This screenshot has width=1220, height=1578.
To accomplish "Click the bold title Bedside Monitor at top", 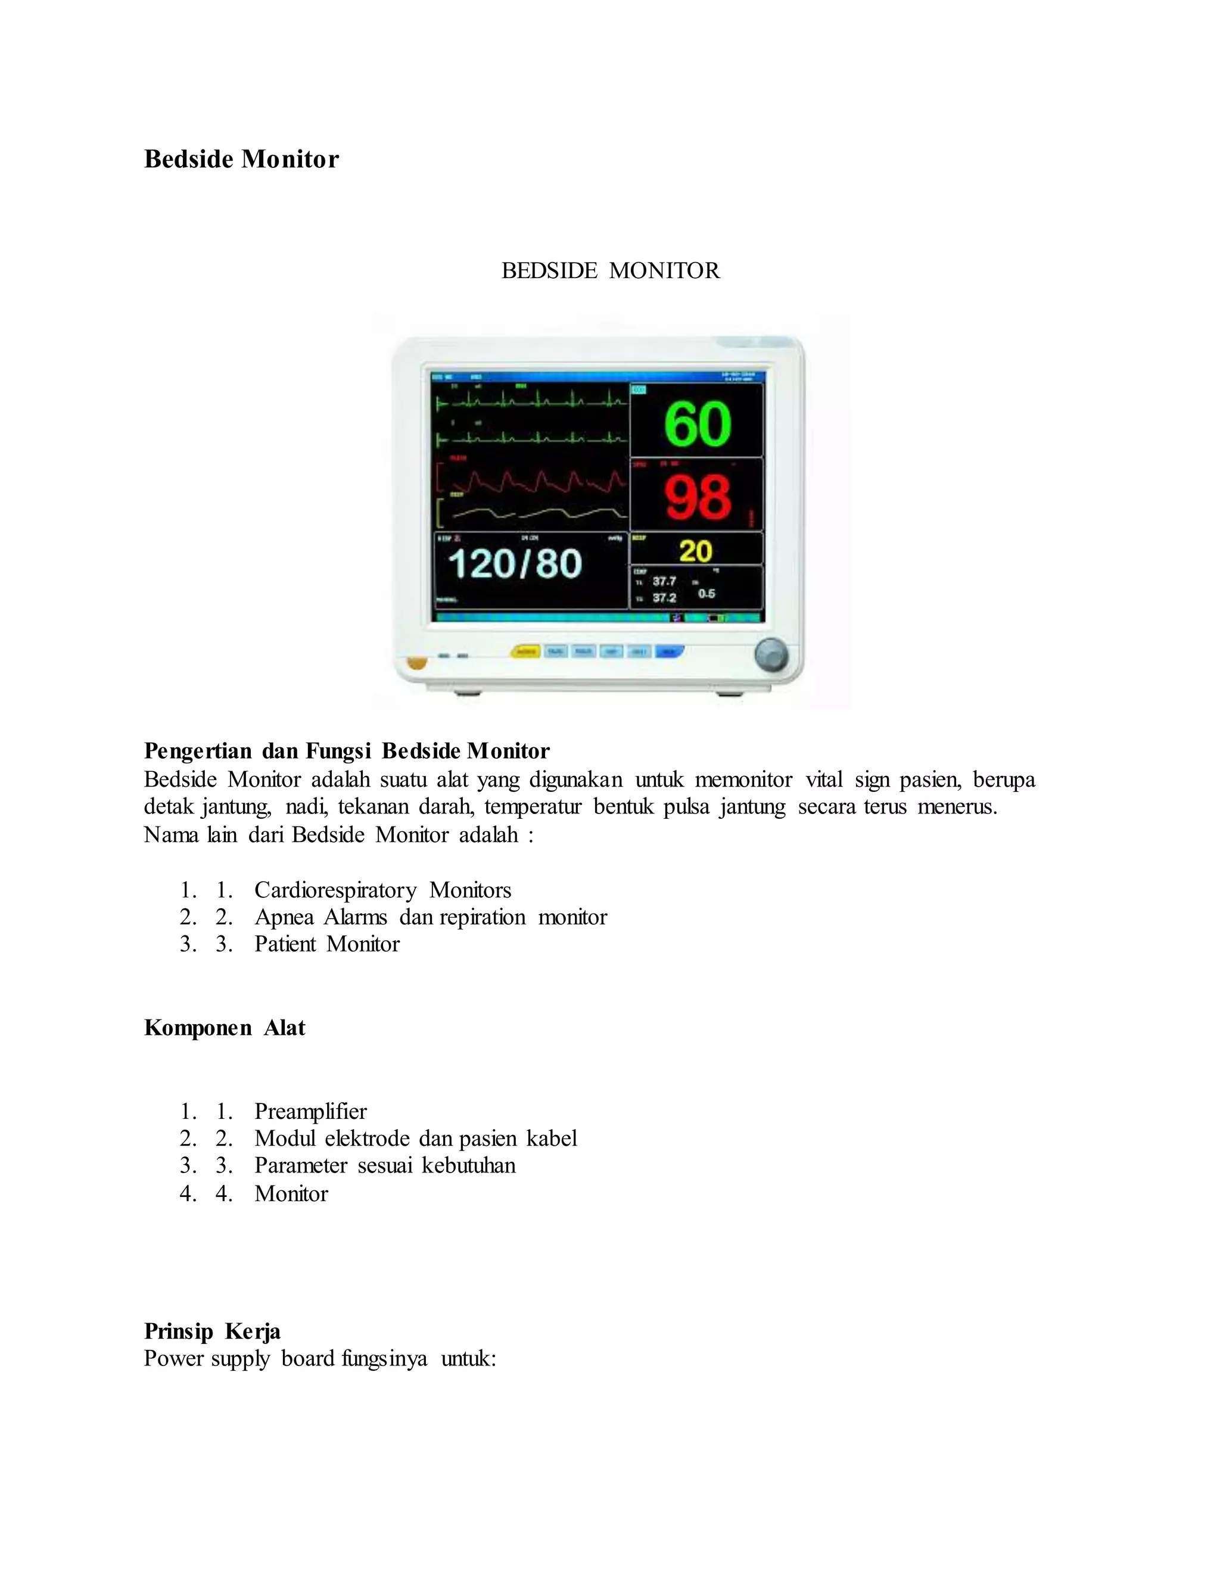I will [241, 159].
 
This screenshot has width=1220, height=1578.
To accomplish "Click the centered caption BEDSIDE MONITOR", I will [610, 271].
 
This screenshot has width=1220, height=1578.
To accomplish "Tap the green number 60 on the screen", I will [698, 423].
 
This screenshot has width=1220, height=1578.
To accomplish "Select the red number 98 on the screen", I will [698, 497].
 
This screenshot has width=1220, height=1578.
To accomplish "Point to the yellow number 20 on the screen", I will [695, 551].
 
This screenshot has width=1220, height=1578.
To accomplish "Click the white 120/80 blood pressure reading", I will [515, 563].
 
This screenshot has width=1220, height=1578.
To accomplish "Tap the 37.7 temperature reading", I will [664, 581].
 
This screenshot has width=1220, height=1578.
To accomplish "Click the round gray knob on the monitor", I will [771, 654].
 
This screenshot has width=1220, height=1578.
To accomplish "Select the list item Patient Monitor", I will [326, 944].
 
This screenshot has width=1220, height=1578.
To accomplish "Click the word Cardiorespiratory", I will [335, 890].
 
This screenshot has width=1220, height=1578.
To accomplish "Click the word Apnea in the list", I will [284, 918].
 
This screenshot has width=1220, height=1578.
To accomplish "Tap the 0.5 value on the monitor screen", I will [706, 593].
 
